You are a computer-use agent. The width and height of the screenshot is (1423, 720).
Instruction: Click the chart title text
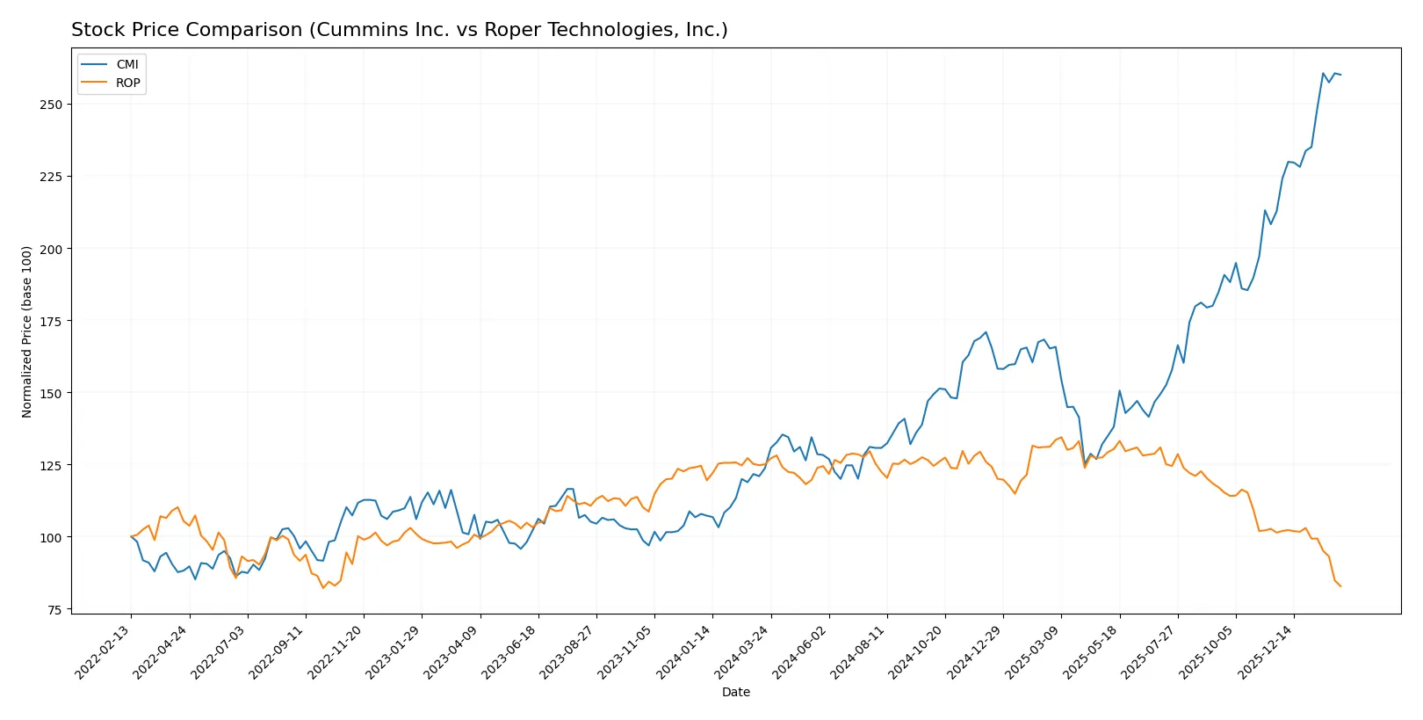pyautogui.click(x=399, y=30)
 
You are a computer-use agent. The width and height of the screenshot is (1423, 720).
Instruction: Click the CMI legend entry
pyautogui.click(x=126, y=64)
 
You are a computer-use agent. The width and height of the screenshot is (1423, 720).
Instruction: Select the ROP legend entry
pyautogui.click(x=127, y=83)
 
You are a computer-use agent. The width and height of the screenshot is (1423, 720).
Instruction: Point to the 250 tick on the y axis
pyautogui.click(x=51, y=105)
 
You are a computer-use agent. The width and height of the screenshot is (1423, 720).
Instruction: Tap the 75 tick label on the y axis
pyautogui.click(x=54, y=610)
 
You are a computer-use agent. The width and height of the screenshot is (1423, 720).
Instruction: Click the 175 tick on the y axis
pyautogui.click(x=51, y=322)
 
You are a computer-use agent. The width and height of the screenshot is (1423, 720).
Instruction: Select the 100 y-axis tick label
pyautogui.click(x=51, y=537)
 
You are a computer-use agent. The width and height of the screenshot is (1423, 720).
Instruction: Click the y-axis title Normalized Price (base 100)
pyautogui.click(x=27, y=331)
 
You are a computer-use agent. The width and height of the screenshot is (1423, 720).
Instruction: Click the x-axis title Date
pyautogui.click(x=735, y=692)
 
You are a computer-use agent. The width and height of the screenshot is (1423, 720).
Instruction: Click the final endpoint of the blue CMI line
pyautogui.click(x=1340, y=75)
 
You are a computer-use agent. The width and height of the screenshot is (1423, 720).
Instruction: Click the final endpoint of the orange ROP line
pyautogui.click(x=1340, y=586)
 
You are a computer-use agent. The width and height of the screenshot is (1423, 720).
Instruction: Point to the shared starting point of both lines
pyautogui.click(x=131, y=537)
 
